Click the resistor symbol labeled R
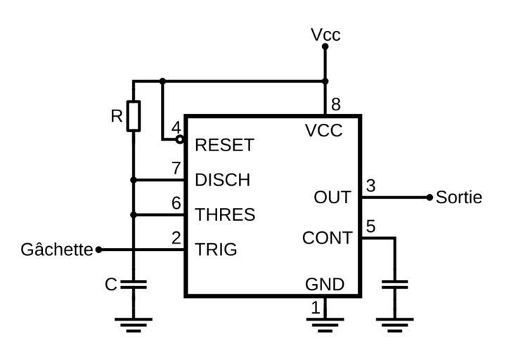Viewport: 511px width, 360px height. click(134, 116)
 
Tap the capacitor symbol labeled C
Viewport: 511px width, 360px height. click(134, 285)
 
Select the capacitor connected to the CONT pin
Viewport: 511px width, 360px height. click(394, 285)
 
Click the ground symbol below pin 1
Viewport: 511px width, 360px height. click(325, 325)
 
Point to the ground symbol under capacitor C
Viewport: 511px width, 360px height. click(134, 325)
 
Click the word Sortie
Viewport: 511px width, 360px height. click(459, 198)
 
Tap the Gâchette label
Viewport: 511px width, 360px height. click(57, 250)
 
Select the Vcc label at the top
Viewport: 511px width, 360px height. click(325, 34)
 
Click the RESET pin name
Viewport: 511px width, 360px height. click(224, 146)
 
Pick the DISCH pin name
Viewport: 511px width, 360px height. click(222, 180)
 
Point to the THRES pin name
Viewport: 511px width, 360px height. click(225, 214)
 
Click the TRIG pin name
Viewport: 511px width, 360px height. click(216, 250)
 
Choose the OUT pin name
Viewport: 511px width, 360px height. click(332, 198)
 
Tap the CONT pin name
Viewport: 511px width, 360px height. click(327, 238)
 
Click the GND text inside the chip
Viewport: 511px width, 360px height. click(325, 285)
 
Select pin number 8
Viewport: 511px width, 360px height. click(336, 105)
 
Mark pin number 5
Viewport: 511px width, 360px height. click(371, 227)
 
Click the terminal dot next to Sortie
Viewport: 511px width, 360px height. click(429, 198)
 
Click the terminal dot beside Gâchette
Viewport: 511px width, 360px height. click(98, 250)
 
